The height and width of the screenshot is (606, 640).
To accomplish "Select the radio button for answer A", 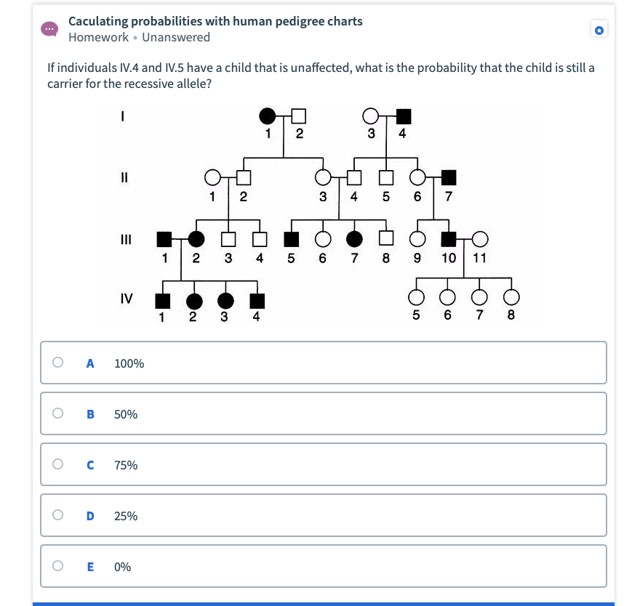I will (x=57, y=363).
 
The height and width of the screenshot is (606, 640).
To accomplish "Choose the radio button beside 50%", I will (x=57, y=413).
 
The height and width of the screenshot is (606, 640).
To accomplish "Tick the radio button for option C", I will (x=57, y=464).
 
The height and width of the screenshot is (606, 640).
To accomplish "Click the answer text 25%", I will (x=126, y=516).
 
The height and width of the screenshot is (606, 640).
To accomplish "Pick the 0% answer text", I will (x=123, y=567).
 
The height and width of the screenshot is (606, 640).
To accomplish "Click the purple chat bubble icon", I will (x=49, y=29).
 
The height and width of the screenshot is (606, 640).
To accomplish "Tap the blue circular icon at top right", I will (x=599, y=30).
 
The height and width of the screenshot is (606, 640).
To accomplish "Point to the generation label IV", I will (x=126, y=297).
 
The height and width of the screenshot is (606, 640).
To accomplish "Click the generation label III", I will (x=124, y=238).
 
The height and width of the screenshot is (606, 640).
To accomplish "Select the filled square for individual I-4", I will (x=403, y=115).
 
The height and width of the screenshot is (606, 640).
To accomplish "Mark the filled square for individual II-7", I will (x=449, y=177).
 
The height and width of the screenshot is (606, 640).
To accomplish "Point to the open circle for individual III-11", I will (x=479, y=238).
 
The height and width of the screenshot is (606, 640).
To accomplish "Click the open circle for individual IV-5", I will (x=417, y=297).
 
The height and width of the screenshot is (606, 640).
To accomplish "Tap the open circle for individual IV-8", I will (x=511, y=297).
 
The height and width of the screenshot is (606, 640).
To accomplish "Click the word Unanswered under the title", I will (x=176, y=37).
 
